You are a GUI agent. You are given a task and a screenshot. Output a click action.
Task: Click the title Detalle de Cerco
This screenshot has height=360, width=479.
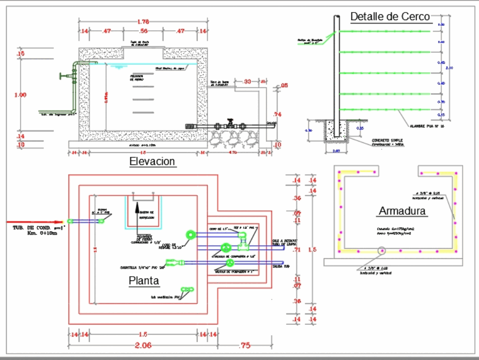click(x=390, y=17)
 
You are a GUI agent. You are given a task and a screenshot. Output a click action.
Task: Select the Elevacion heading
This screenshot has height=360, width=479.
click(x=152, y=162)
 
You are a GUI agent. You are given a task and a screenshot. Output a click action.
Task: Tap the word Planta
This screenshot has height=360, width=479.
click(x=144, y=281)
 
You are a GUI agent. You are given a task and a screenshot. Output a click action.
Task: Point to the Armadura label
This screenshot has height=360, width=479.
click(x=402, y=211)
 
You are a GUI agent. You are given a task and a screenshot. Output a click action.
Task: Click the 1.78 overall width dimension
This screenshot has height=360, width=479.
click(x=143, y=22)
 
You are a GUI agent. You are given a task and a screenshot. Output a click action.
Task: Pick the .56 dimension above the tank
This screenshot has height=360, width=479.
click(x=143, y=31)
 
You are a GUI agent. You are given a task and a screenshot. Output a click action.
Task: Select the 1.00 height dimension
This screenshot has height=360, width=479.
click(x=20, y=95)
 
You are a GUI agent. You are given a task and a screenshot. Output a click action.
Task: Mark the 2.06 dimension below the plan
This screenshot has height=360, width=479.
click(x=143, y=345)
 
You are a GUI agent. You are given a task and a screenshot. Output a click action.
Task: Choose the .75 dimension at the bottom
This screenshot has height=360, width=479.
click(x=244, y=345)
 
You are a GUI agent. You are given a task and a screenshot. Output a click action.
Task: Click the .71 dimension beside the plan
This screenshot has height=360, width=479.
click(x=297, y=250)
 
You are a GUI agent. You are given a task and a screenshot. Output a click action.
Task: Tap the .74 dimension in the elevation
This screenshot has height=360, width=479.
click(x=276, y=114)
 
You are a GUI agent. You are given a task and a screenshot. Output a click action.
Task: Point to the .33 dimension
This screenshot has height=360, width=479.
click(x=247, y=81)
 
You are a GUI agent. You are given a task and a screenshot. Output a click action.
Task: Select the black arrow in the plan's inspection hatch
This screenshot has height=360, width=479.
click(x=137, y=209)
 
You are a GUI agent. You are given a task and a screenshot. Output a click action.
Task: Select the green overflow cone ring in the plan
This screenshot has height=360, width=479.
click(x=192, y=234)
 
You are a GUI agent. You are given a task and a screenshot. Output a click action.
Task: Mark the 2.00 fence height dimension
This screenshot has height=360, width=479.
click(x=449, y=68)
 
